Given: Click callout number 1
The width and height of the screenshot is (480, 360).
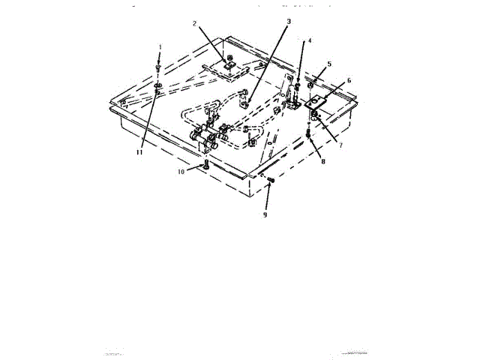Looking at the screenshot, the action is (x=159, y=46).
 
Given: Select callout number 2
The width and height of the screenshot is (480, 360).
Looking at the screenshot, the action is (x=194, y=23).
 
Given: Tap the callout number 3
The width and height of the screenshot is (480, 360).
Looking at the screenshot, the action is (x=289, y=22).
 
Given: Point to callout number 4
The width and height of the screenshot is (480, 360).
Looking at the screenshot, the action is (x=310, y=40).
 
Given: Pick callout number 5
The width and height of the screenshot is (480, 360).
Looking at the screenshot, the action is (x=329, y=64).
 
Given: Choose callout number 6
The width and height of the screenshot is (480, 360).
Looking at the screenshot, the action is (x=349, y=80).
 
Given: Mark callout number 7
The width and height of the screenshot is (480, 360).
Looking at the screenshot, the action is (x=340, y=145).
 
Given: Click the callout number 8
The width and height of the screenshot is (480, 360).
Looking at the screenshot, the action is (x=323, y=160).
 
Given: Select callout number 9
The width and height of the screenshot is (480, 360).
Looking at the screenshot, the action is (x=265, y=214).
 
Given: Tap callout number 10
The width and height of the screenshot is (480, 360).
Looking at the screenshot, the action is (x=181, y=172).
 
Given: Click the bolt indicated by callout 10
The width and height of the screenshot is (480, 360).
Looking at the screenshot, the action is (x=206, y=166).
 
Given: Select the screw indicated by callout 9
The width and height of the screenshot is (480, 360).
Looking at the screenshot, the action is (x=271, y=181).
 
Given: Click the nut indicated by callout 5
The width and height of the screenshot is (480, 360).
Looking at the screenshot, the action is (x=310, y=79).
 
